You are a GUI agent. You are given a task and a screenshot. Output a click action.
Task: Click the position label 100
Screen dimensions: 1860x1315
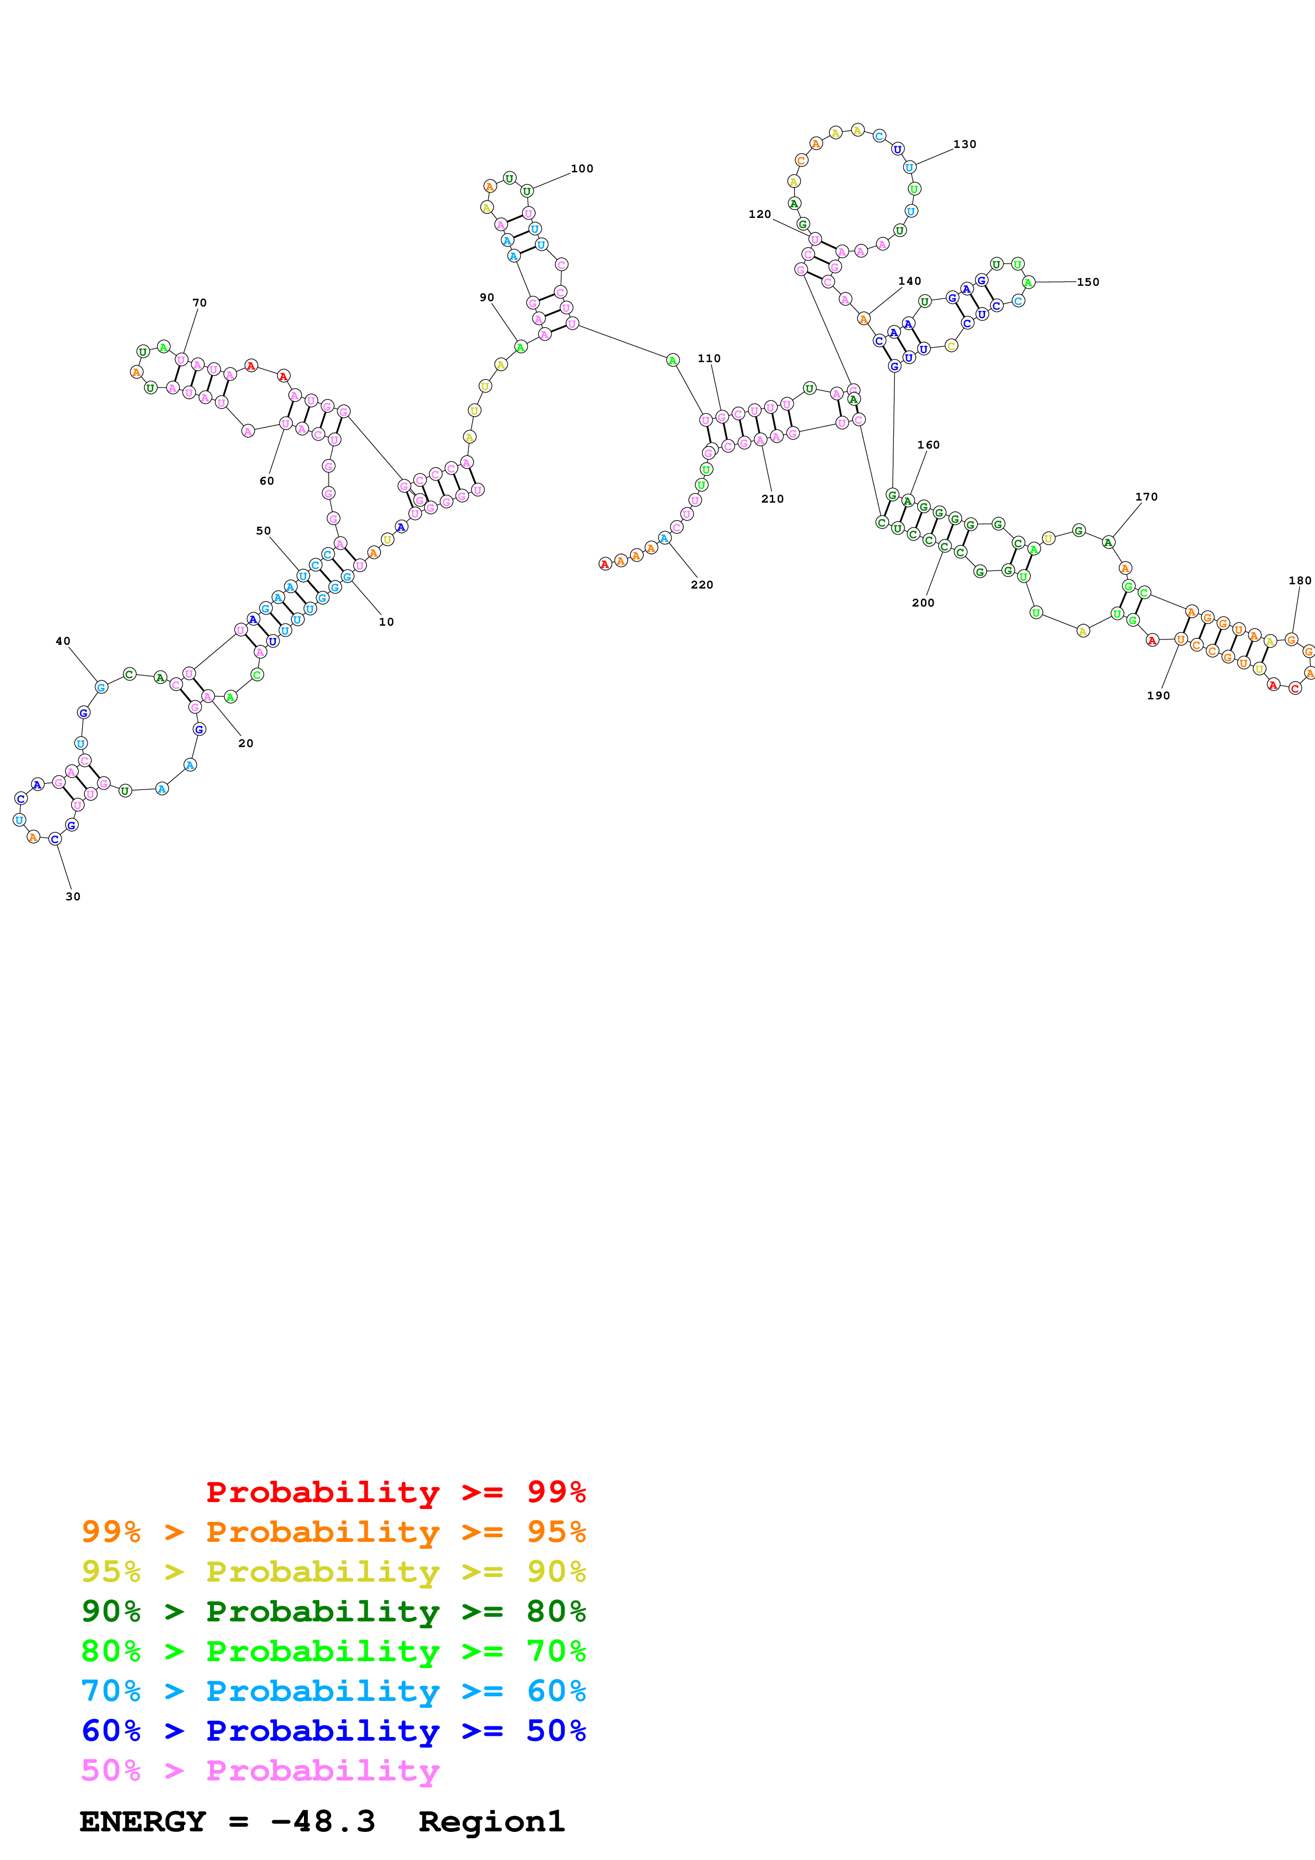tap(582, 169)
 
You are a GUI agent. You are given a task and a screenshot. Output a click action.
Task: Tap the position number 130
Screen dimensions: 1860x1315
tap(964, 144)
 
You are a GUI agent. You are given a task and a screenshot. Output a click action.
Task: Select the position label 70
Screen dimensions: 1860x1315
tap(199, 303)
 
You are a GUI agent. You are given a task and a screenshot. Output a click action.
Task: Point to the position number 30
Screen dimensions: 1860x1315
tap(73, 897)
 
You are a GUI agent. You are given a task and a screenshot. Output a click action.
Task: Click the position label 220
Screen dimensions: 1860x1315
tap(702, 585)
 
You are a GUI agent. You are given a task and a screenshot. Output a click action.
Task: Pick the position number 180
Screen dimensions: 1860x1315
tap(1300, 581)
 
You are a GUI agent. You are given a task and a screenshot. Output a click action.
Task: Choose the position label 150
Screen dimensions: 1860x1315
tap(1087, 282)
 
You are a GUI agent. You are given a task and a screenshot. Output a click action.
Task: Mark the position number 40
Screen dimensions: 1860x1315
tap(63, 641)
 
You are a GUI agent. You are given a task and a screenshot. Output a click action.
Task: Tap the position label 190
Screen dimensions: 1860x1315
tap(1158, 696)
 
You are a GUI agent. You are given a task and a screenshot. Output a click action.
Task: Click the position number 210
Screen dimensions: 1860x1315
tap(772, 499)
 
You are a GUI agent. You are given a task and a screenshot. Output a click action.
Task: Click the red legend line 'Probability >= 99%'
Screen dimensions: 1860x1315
tap(395, 1492)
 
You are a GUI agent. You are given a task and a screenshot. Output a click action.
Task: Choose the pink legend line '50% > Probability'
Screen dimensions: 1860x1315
tap(260, 1771)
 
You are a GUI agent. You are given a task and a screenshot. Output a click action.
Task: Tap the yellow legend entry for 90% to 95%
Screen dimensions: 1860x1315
tap(333, 1572)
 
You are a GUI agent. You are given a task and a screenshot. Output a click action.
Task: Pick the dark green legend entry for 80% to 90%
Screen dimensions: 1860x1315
tap(333, 1611)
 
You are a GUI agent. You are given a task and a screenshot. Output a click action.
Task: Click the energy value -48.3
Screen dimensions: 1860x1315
tap(323, 1822)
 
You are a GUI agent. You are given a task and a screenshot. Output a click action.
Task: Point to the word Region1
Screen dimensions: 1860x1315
tap(491, 1822)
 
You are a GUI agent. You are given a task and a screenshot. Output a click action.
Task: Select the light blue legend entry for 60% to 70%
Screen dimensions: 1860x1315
tap(333, 1691)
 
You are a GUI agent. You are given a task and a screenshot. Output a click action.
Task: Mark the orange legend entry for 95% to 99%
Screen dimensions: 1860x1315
tap(333, 1532)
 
